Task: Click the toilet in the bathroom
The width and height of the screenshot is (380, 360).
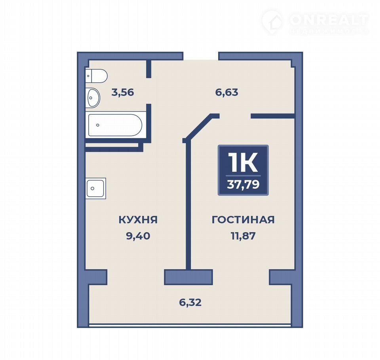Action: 96,76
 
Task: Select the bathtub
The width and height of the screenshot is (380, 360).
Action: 115,125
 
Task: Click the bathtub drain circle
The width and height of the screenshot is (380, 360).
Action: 98,125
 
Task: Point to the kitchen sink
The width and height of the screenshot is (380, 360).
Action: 96,188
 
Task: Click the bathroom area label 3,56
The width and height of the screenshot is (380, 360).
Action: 123,92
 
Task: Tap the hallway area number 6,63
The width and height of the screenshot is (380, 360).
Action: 227,92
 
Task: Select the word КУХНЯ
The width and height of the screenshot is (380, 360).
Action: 138,220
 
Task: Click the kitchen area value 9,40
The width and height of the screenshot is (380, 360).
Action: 138,236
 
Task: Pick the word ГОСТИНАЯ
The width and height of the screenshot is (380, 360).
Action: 243,220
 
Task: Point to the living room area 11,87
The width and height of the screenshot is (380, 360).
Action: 243,236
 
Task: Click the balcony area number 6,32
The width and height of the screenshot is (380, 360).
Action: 190,303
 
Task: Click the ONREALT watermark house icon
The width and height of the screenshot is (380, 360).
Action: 272,21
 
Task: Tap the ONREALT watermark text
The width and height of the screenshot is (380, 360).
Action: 328,20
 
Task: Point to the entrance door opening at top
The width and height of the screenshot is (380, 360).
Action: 201,56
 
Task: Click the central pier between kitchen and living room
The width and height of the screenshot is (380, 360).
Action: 188,277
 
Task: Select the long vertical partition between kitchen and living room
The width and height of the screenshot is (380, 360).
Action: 188,206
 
